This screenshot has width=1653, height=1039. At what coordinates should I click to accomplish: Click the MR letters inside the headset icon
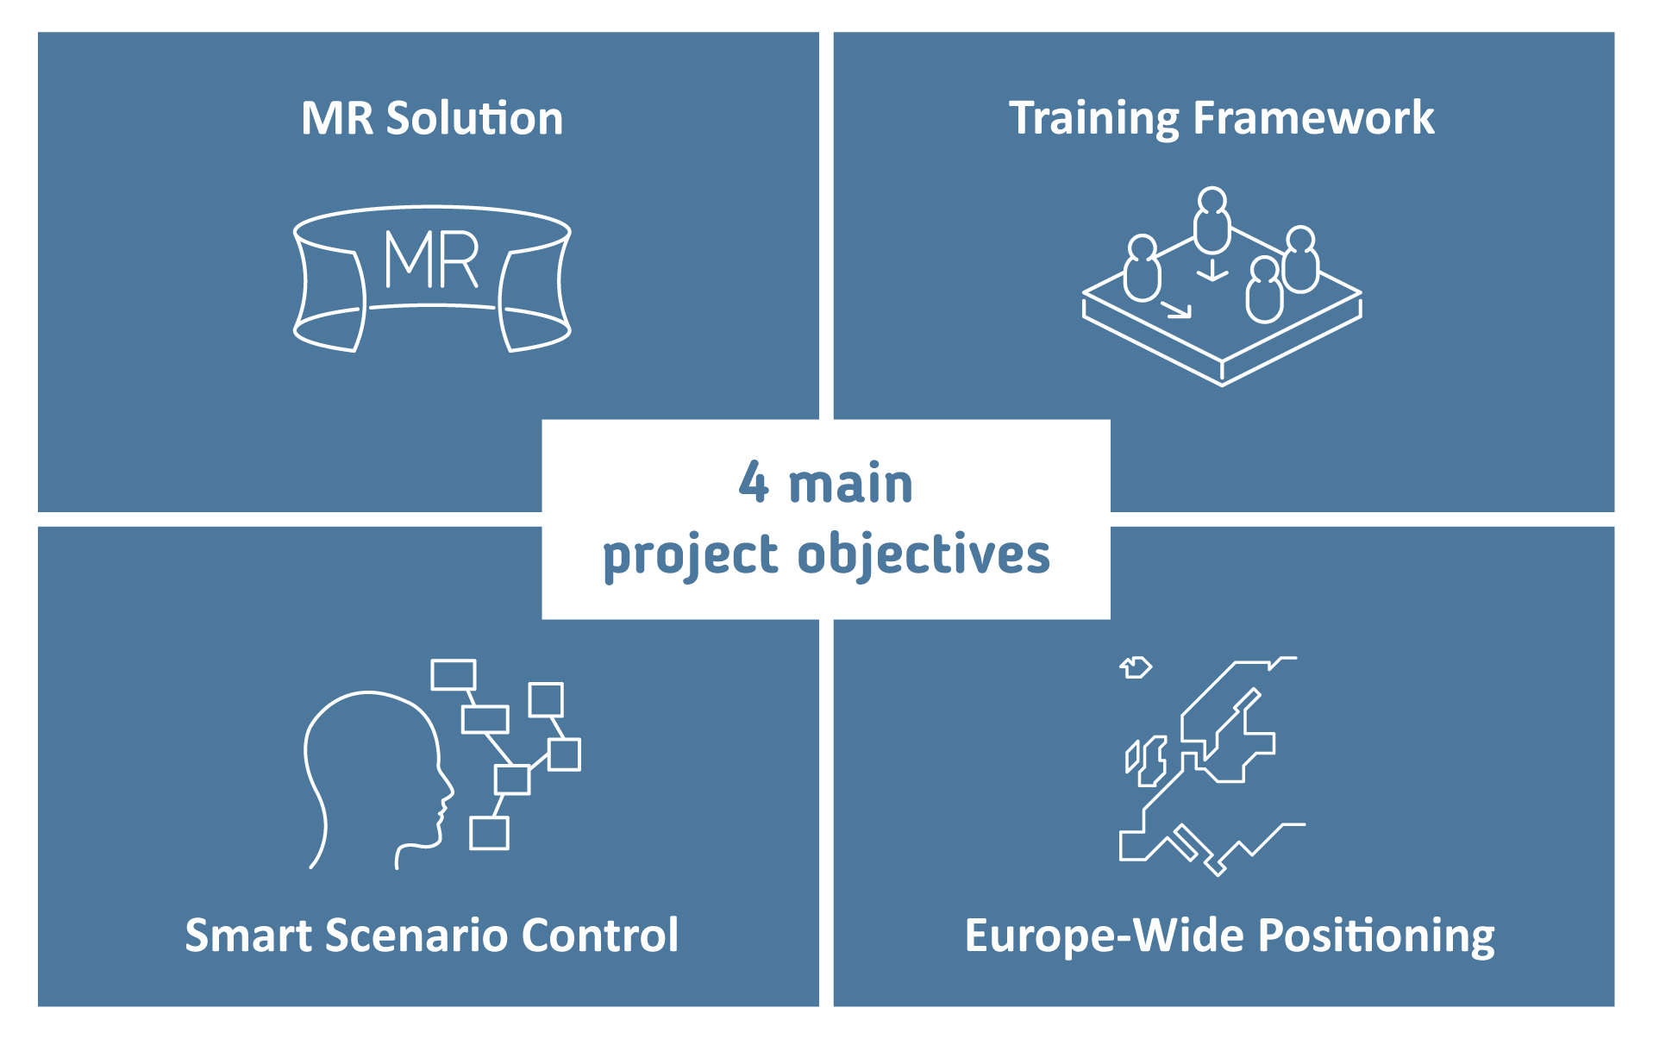pos(431,259)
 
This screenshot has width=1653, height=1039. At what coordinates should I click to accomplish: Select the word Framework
pos(1313,117)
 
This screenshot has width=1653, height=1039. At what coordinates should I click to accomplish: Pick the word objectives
pos(924,554)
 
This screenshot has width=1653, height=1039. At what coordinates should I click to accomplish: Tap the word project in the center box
pos(691,555)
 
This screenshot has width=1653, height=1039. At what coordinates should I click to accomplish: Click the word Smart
pos(249,936)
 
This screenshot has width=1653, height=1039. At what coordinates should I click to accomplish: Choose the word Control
pos(599,935)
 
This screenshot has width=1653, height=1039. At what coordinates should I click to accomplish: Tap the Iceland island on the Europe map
pos(1136,667)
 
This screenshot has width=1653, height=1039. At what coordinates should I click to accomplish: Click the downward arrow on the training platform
pos(1212,268)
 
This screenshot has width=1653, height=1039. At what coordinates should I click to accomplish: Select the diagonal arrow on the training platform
pos(1176,309)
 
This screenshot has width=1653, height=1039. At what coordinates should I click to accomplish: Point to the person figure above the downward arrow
pos(1212,221)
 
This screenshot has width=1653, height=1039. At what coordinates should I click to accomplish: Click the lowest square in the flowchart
pos(489,833)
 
